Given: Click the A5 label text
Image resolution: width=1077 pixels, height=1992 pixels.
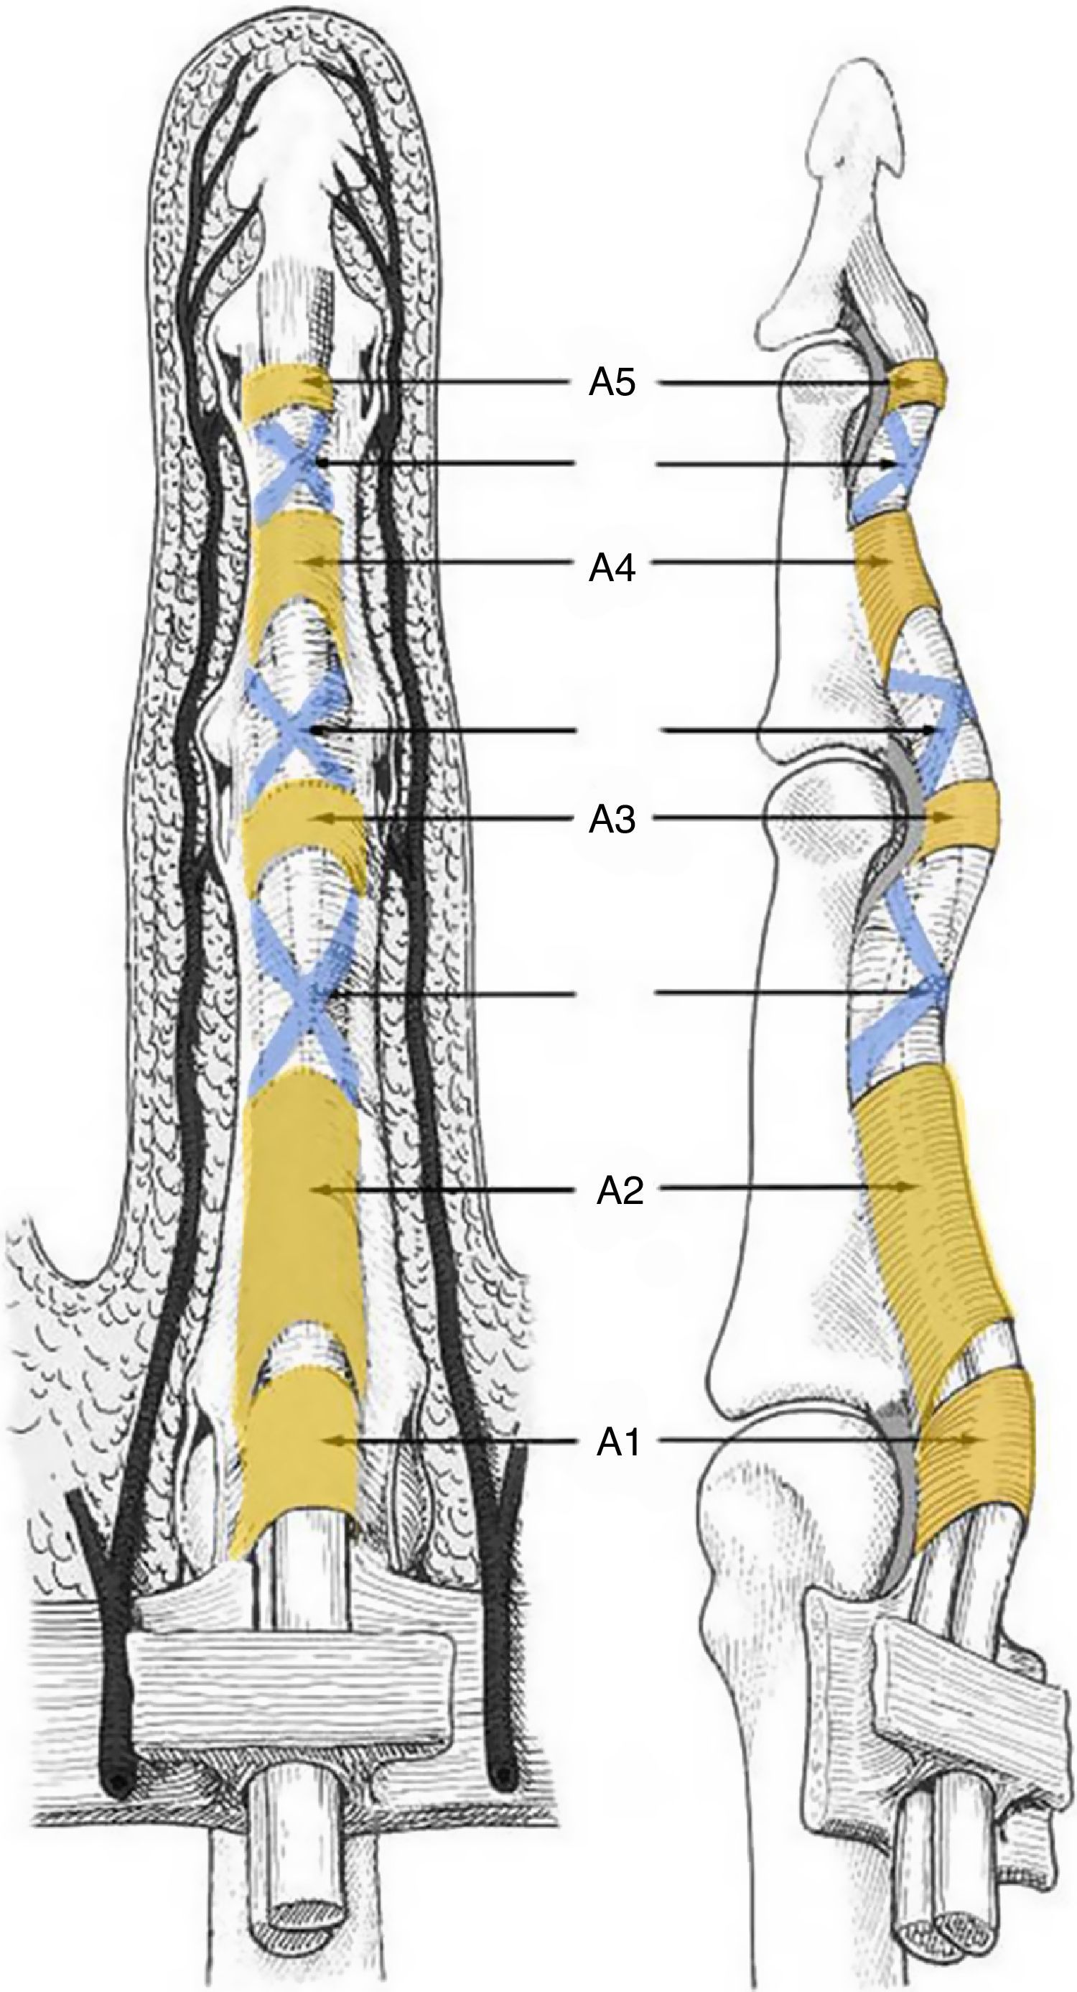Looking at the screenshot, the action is pyautogui.click(x=612, y=382).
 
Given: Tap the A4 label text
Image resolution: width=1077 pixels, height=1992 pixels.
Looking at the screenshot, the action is pyautogui.click(x=612, y=568).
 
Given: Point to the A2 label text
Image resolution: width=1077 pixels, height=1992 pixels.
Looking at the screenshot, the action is pyautogui.click(x=620, y=1191).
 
